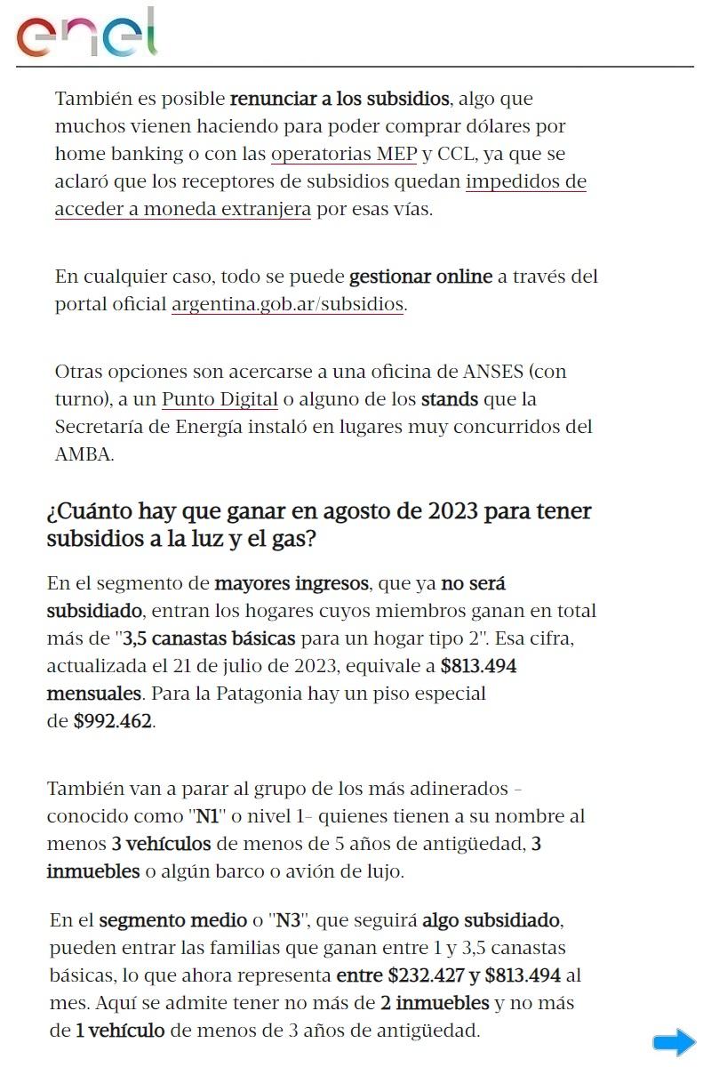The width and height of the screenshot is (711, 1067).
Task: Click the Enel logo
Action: tap(86, 34)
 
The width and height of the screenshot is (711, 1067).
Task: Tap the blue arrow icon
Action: tap(674, 1042)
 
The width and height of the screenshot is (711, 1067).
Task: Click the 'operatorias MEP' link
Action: tap(343, 154)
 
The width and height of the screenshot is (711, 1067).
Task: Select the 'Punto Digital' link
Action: tap(220, 399)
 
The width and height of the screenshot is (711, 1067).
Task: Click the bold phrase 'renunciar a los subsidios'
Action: tap(340, 99)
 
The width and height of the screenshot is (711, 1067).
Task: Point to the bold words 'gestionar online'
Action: tap(420, 277)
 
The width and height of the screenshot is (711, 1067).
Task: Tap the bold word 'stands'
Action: tap(450, 399)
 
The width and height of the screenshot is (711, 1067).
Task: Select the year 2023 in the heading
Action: tap(454, 512)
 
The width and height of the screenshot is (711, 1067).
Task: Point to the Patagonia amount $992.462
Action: tap(114, 721)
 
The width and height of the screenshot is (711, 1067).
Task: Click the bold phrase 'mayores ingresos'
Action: tap(292, 584)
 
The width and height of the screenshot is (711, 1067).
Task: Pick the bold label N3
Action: tap(288, 919)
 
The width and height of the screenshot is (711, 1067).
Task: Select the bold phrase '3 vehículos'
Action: tap(161, 844)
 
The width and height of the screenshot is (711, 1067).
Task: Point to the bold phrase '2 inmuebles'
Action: tap(435, 1003)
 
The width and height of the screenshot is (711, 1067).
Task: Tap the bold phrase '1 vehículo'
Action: tap(120, 1031)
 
